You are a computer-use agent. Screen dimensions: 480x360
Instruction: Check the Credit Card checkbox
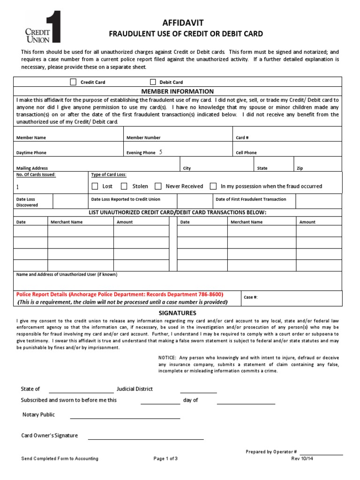(x=73, y=82)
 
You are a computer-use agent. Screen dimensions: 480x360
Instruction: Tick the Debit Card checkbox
(x=153, y=82)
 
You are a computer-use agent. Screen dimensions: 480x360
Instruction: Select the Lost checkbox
(x=95, y=186)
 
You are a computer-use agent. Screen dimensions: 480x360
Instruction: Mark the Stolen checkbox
(x=124, y=186)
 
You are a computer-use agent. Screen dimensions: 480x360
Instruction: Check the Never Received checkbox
(x=158, y=186)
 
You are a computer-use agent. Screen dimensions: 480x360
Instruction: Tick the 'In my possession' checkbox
(x=213, y=186)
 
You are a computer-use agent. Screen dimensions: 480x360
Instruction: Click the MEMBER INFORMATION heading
(x=180, y=91)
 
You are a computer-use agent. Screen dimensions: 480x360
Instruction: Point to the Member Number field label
(x=143, y=138)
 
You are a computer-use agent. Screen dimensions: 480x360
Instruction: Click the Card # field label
(x=242, y=138)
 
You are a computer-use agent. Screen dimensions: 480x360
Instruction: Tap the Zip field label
(x=300, y=168)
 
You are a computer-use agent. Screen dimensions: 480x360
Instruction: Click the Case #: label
(x=251, y=297)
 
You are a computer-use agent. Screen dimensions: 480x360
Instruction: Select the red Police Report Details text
(x=120, y=294)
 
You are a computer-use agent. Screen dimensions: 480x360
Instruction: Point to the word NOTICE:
(x=167, y=358)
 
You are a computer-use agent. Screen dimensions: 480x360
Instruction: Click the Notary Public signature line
(x=125, y=417)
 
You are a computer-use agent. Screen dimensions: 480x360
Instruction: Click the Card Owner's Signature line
(x=145, y=438)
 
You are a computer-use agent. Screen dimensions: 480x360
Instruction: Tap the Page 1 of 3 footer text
(x=165, y=458)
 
